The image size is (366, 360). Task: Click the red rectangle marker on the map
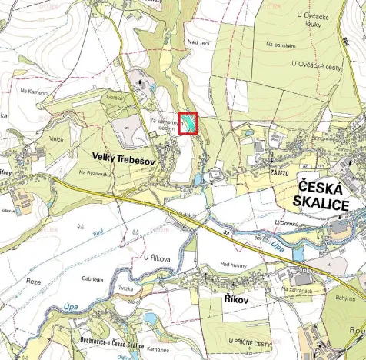[x=188, y=124]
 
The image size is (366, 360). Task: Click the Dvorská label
[x=115, y=98]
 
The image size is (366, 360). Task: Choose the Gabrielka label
[x=91, y=279]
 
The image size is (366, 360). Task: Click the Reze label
[x=33, y=281]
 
